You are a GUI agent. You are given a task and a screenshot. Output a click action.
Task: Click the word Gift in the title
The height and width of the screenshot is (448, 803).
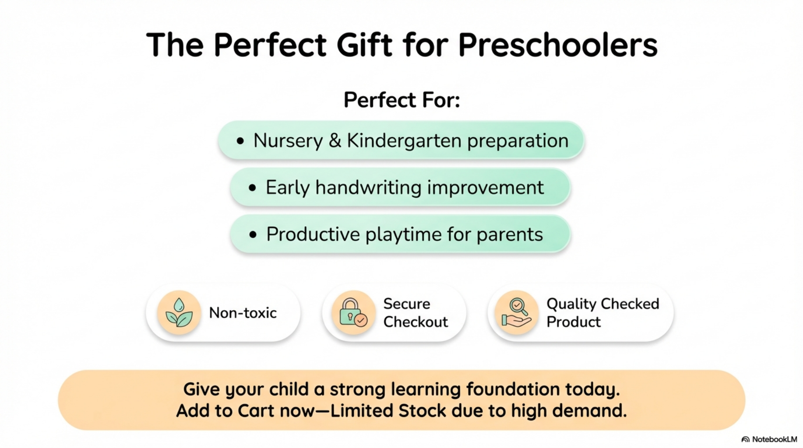point(365,45)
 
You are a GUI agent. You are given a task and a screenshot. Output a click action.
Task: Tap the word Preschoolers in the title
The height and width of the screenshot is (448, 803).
point(557,45)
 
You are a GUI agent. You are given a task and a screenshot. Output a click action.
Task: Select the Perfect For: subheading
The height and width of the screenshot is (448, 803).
point(401,100)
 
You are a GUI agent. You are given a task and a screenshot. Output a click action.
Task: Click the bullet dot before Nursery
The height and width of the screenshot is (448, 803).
point(240,141)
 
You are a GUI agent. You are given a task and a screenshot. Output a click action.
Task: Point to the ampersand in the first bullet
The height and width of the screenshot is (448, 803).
point(335,141)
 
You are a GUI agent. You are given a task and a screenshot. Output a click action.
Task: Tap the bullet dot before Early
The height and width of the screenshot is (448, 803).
point(252,188)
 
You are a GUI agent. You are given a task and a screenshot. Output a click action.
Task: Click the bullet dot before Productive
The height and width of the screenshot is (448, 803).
point(253,235)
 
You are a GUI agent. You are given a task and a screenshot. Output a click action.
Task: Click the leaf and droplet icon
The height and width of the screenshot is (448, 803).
point(179,312)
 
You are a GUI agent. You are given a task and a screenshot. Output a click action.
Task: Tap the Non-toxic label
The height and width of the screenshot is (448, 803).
point(243,313)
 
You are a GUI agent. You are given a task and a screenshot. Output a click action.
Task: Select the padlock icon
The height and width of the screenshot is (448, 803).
point(353,312)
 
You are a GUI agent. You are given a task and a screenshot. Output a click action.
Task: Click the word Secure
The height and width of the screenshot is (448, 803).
point(407,304)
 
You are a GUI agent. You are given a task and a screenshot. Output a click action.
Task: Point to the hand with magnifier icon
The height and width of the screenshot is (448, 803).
point(517,312)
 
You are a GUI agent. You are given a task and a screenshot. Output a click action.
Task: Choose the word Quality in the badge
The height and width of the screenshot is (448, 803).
point(571,304)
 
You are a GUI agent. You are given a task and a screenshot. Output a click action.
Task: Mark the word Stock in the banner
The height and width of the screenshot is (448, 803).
point(422,411)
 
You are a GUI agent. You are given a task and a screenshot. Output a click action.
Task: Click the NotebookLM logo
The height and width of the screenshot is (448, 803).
point(769,439)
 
